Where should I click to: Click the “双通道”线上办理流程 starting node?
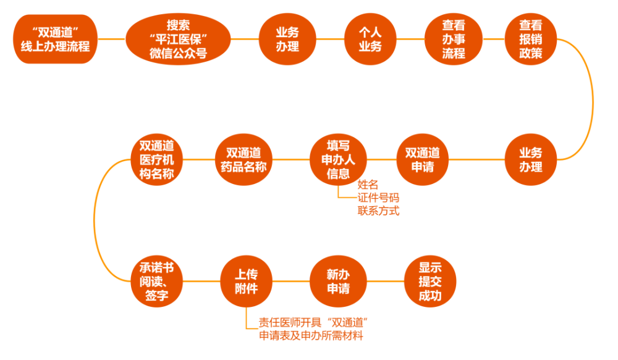[x=56, y=38]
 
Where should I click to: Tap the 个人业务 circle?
[x=371, y=38]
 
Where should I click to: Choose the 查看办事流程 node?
[x=453, y=38]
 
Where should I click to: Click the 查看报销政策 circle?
[x=531, y=38]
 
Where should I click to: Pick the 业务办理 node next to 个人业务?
[x=287, y=38]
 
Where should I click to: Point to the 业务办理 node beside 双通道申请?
[x=531, y=159]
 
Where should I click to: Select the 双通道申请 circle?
[x=422, y=159]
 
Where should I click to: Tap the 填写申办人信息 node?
[x=338, y=159]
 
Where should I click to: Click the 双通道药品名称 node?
[x=243, y=159]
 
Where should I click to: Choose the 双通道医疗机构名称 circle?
[x=156, y=159]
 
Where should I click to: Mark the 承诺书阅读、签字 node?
[x=156, y=281]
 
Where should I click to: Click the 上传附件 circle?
[x=246, y=281]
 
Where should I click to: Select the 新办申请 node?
[x=338, y=281]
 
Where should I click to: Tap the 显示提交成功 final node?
[x=430, y=281]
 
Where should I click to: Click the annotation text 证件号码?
[x=378, y=198]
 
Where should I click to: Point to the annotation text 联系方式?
[x=378, y=211]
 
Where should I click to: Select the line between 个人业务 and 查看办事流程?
[x=412, y=38]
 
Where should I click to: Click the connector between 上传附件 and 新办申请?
[x=292, y=281]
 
